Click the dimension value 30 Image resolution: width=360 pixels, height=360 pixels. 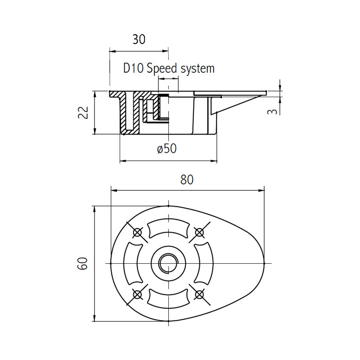(x=139, y=40)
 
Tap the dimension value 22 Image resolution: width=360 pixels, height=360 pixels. (x=84, y=112)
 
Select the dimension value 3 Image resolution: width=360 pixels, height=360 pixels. (x=273, y=112)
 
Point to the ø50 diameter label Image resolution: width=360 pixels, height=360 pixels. (x=167, y=148)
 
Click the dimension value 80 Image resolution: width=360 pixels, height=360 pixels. (x=187, y=180)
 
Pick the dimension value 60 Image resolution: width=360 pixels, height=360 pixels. (x=83, y=263)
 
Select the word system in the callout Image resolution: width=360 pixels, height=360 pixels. (x=198, y=69)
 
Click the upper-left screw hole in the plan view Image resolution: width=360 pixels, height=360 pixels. (x=137, y=232)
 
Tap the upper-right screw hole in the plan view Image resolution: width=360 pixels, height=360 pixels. (x=199, y=232)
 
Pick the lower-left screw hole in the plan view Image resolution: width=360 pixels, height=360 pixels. (x=137, y=294)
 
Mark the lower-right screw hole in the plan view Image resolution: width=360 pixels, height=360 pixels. (x=199, y=294)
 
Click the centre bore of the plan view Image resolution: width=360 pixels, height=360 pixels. (x=168, y=263)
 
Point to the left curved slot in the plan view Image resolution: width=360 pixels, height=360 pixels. (x=132, y=263)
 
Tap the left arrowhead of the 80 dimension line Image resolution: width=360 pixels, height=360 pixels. (x=114, y=190)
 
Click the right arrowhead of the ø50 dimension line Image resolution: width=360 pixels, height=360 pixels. (x=214, y=161)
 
